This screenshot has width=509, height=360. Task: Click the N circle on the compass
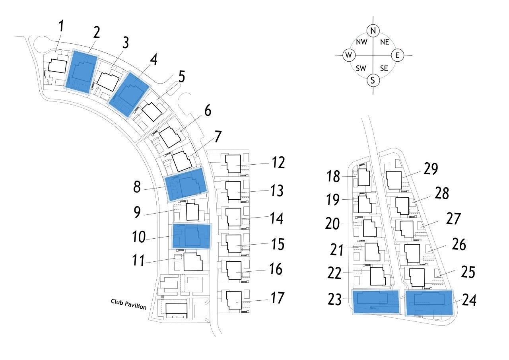[373, 30]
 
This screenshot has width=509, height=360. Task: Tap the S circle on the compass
[373, 80]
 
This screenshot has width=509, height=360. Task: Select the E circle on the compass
[397, 55]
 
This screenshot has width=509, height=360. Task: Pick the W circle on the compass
[348, 55]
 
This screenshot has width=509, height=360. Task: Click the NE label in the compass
[384, 42]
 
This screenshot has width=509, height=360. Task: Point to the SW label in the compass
[361, 68]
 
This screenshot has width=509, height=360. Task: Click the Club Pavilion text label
[128, 304]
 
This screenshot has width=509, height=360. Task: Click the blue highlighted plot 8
[186, 184]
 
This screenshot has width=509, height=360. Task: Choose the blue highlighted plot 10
[191, 236]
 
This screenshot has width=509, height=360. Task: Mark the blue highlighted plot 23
[375, 302]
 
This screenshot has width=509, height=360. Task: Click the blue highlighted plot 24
[429, 303]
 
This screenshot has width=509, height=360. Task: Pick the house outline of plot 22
[377, 276]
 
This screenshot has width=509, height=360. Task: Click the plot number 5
[181, 76]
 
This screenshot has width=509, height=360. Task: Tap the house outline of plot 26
[412, 253]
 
